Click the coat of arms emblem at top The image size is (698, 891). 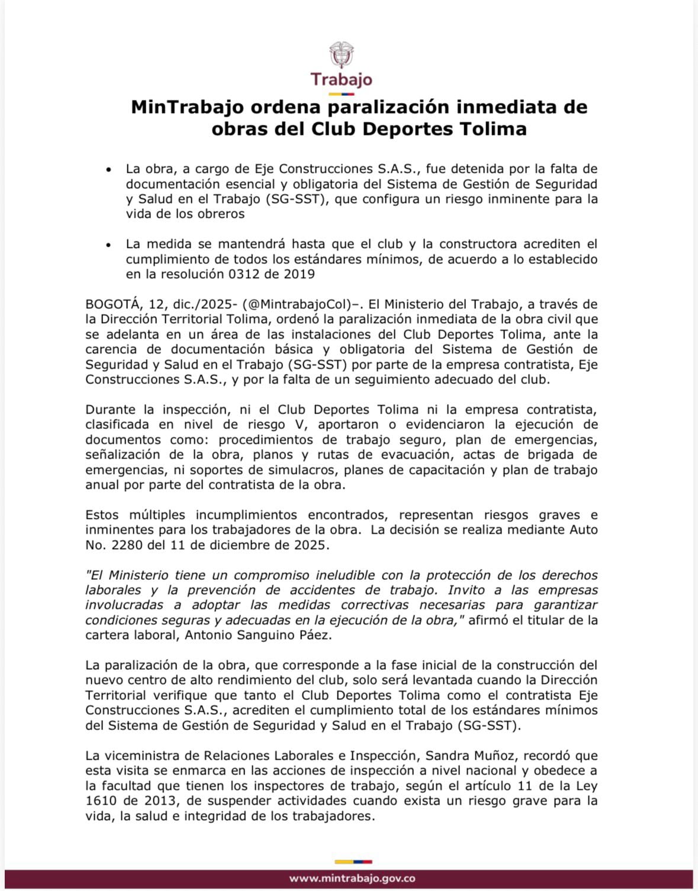(x=341, y=55)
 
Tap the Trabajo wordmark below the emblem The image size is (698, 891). (x=341, y=79)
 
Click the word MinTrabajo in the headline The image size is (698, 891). (x=187, y=107)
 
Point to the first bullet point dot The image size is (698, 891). (x=108, y=170)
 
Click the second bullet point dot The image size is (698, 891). (x=108, y=244)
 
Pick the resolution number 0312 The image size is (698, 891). (x=246, y=274)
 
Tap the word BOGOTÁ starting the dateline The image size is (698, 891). (x=113, y=304)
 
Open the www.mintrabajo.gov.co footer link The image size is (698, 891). (x=352, y=879)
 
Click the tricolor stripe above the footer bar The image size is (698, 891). (x=353, y=861)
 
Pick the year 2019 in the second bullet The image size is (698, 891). (x=299, y=274)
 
